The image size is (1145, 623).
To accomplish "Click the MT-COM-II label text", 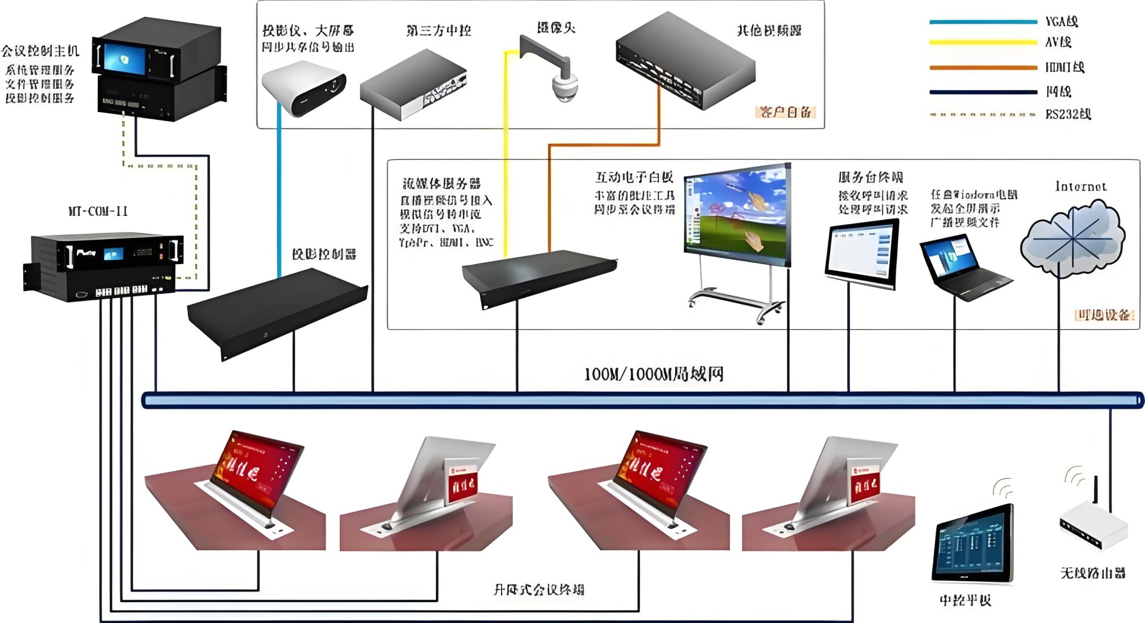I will (98, 211).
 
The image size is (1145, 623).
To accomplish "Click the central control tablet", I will (973, 544).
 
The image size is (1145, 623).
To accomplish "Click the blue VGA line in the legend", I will (983, 22).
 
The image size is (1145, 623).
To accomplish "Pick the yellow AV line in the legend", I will (983, 43).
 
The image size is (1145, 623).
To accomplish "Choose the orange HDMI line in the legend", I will (983, 67).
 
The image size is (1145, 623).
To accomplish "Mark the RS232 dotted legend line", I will (983, 114).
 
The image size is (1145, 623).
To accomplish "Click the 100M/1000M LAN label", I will (654, 374).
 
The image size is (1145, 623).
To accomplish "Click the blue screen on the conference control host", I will (125, 59).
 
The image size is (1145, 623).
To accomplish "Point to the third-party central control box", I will (413, 85).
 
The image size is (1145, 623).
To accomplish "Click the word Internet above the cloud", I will (1081, 187).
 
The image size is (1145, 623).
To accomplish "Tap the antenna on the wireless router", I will (1095, 493).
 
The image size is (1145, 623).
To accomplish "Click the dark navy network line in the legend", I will (983, 92).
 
